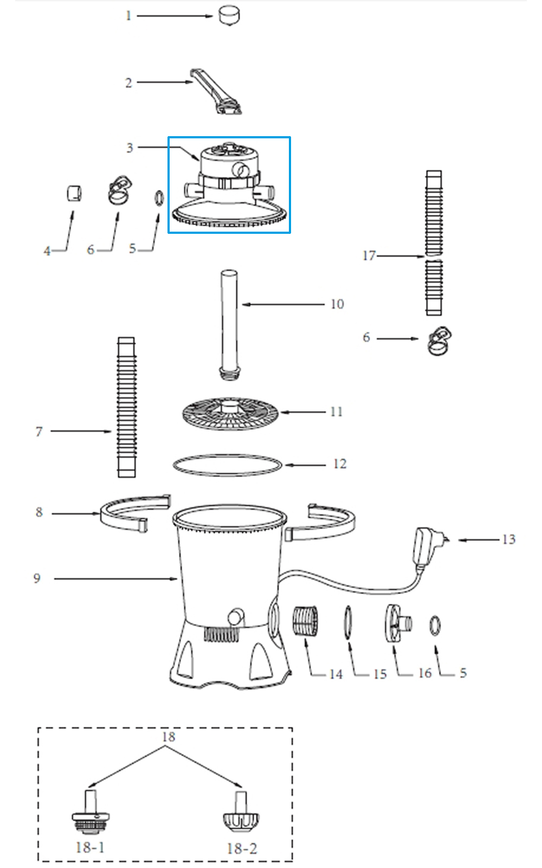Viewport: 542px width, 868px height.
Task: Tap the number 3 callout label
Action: coord(130,148)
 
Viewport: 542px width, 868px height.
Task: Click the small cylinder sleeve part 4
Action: coord(74,193)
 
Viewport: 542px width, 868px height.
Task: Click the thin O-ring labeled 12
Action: coord(228,465)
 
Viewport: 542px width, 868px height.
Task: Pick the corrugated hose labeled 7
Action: coord(126,407)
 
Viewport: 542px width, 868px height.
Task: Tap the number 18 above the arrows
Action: coord(169,737)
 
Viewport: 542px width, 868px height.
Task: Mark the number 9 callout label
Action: coord(37,578)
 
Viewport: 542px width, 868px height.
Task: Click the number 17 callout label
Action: coord(369,256)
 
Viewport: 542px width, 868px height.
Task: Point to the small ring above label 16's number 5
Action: coord(435,626)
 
